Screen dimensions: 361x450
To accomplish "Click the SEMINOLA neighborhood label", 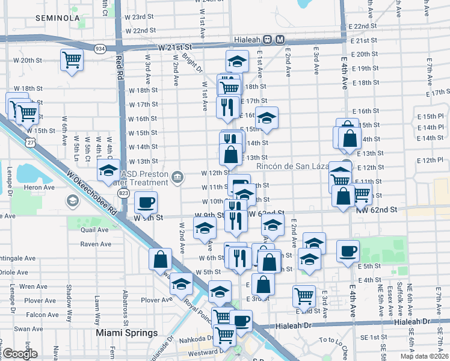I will pyautogui.click(x=58, y=18).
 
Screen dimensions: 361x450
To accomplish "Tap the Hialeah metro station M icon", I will pyautogui.click(x=280, y=40).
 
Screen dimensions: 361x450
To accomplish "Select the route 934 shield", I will pyautogui.click(x=100, y=48).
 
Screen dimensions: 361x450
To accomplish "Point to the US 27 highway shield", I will pyautogui.click(x=31, y=142).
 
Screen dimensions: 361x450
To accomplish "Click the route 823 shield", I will pyautogui.click(x=123, y=193).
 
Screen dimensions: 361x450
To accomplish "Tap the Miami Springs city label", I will pyautogui.click(x=127, y=333).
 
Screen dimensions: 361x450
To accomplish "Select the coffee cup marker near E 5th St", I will pyautogui.click(x=348, y=250).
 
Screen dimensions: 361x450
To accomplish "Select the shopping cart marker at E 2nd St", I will pyautogui.click(x=304, y=295).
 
